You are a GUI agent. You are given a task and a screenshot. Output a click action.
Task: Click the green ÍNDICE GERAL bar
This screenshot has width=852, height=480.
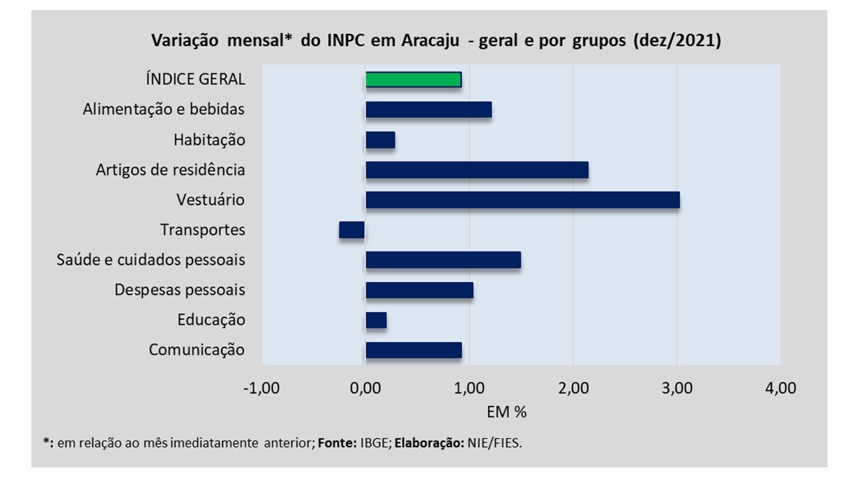pos(413,79)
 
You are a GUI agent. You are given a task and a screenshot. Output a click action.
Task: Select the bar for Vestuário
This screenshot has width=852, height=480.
pos(523,199)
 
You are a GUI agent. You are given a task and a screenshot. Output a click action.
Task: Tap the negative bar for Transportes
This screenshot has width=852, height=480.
pos(352,229)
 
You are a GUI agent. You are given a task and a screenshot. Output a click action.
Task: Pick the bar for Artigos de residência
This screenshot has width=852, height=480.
pos(477,169)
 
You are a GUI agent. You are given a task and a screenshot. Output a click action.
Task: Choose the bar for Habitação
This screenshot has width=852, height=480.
pos(380,139)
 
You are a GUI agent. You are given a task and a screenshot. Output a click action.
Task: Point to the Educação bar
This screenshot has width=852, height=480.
pos(376,320)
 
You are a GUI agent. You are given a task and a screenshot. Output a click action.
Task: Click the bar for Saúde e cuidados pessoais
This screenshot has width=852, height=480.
pos(443,259)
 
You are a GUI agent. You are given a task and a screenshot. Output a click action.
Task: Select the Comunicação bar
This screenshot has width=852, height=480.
pos(413,350)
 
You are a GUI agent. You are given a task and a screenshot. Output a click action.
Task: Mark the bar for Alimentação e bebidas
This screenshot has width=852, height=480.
pos(428,109)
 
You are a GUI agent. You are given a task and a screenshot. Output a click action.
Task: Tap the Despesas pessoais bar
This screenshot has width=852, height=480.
pos(419,290)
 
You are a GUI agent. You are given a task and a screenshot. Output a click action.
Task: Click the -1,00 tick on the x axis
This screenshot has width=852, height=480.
pos(262,388)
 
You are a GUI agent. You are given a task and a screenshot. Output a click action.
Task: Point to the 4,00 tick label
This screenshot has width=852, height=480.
pos(780,388)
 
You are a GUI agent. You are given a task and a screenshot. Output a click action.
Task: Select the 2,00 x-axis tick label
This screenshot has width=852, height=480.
pos(573,388)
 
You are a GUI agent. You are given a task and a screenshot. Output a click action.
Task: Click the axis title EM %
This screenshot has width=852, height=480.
pos(507,412)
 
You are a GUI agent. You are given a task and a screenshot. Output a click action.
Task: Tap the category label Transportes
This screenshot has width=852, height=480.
pos(202,230)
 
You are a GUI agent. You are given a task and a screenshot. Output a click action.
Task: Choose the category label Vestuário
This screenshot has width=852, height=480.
pos(211,200)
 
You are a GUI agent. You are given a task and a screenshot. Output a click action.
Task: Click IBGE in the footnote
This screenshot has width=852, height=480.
pos(370,443)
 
